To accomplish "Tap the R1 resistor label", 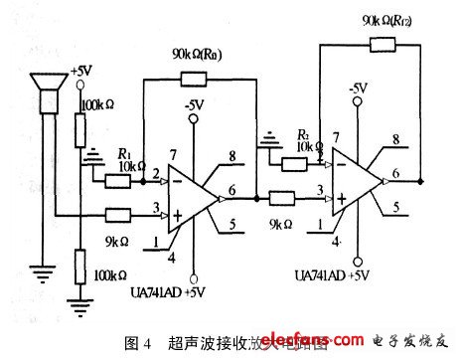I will coord(124,154).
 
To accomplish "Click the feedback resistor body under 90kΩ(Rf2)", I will coord(382,43).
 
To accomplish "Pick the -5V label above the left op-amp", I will coord(193,107).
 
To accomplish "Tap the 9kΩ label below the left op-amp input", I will coord(118,240).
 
